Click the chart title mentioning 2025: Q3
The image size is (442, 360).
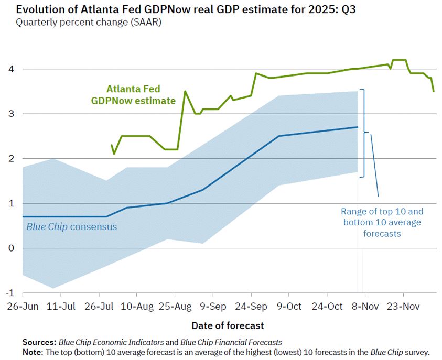pyautogui.click(x=184, y=10)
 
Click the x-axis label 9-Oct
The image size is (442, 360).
pyautogui.click(x=289, y=306)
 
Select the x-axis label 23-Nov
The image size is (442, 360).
pyautogui.click(x=402, y=306)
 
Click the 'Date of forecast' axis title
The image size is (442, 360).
pyautogui.click(x=228, y=325)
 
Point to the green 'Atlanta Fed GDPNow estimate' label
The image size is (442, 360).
pyautogui.click(x=141, y=95)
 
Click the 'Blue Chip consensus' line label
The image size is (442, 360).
pyautogui.click(x=71, y=227)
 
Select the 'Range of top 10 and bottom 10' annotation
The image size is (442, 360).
pyautogui.click(x=382, y=222)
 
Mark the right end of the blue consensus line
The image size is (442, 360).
pyautogui.click(x=357, y=127)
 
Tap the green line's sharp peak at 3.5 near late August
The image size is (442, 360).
pyautogui.click(x=185, y=91)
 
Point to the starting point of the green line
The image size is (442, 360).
pyautogui.click(x=112, y=145)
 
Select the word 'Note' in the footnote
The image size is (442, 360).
pyautogui.click(x=33, y=351)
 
